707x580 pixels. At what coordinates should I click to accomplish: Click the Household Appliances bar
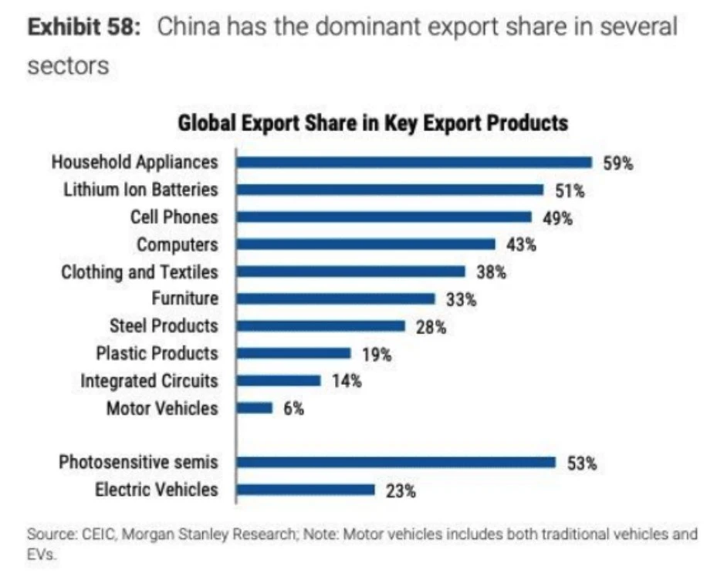(414, 162)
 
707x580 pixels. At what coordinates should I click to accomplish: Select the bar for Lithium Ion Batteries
(390, 190)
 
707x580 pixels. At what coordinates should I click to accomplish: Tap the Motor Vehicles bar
(255, 408)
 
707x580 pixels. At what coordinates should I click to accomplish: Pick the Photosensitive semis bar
(396, 462)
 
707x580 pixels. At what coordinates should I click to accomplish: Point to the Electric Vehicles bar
(306, 490)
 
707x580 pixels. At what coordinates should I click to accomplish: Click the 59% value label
(617, 164)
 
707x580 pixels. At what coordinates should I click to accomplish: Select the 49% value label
(557, 218)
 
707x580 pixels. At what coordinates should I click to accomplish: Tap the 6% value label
(294, 409)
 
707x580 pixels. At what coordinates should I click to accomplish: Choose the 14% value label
(347, 382)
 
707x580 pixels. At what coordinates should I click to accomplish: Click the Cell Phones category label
(174, 217)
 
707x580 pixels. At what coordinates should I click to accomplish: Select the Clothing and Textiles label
(140, 271)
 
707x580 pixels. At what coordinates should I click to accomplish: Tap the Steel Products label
(163, 325)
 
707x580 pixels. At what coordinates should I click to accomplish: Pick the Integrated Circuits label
(149, 381)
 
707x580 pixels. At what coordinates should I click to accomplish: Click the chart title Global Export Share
(373, 123)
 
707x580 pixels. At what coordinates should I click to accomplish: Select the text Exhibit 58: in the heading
(86, 28)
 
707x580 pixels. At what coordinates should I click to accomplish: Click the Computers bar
(366, 244)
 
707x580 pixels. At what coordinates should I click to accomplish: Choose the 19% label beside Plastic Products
(377, 355)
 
